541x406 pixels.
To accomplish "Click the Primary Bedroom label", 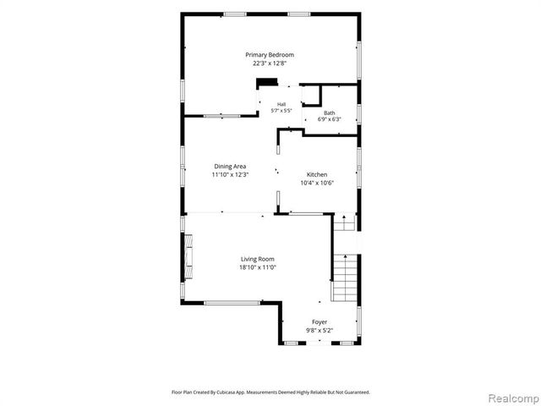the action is tap(270, 55).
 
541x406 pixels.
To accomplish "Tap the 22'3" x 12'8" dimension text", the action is tap(270, 63).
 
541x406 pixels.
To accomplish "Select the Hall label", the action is tap(281, 104).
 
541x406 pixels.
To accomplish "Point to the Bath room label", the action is tap(329, 112).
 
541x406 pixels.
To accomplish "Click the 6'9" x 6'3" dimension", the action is tap(329, 119).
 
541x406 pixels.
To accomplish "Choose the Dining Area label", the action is tap(230, 167).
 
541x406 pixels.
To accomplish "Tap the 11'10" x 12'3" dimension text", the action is tap(230, 175).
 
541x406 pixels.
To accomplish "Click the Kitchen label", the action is tap(317, 175).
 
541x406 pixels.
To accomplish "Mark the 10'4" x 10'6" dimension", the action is tap(317, 183).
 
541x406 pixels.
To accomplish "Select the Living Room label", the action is tap(258, 259).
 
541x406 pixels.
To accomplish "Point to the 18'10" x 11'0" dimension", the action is tap(258, 267).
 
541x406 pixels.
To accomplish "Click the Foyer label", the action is tap(320, 322).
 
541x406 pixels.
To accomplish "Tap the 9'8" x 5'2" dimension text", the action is tap(320, 331).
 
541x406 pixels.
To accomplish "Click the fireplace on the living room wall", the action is tap(188, 255).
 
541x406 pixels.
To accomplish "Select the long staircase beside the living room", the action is tap(344, 278).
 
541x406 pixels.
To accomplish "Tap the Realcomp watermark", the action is tap(514, 398).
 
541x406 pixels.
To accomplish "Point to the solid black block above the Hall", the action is tap(267, 82).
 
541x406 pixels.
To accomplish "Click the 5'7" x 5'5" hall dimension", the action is tap(281, 111).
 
